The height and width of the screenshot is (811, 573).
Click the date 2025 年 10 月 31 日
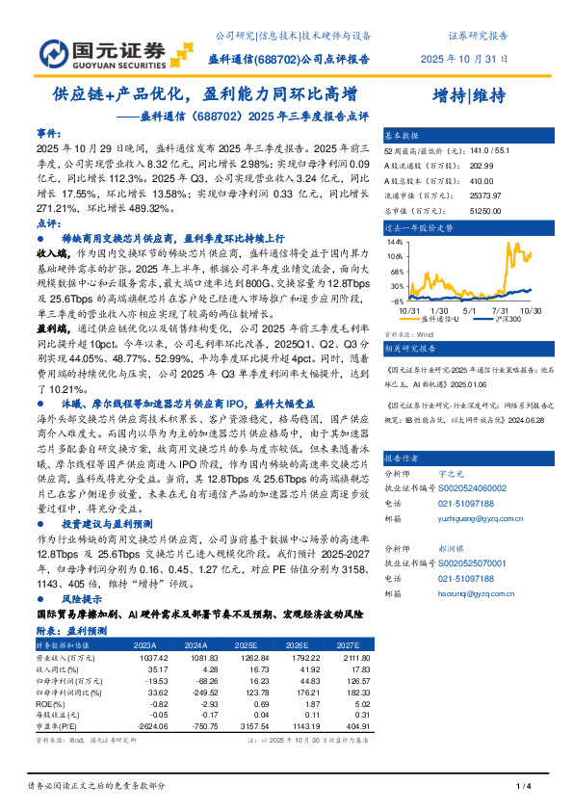[464, 58]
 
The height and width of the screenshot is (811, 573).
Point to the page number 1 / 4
[524, 788]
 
